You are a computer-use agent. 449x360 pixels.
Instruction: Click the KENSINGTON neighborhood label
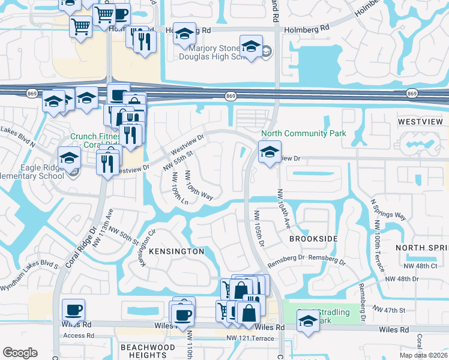[x=176, y=251]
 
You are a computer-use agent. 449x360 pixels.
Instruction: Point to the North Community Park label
[x=303, y=133]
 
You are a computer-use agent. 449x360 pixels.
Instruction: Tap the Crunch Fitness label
[x=92, y=140]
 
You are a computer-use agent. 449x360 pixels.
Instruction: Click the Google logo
[x=20, y=353]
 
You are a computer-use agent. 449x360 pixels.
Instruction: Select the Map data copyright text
[x=423, y=355]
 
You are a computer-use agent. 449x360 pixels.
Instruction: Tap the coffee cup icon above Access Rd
[x=74, y=310]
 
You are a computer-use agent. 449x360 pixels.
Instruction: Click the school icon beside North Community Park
[x=270, y=151]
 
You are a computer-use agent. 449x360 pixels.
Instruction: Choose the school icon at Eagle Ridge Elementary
[x=70, y=158]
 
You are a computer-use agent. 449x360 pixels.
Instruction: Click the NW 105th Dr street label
[x=258, y=227]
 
